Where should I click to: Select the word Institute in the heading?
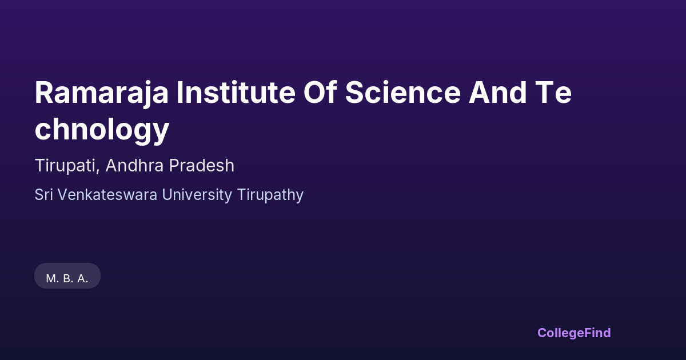tap(236, 92)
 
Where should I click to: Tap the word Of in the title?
tap(320, 92)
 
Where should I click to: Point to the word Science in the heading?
tap(403, 92)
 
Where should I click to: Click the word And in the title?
tap(498, 92)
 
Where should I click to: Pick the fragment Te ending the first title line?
tap(553, 93)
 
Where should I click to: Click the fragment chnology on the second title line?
tap(102, 130)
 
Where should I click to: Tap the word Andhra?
tap(134, 165)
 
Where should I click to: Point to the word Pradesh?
tap(201, 165)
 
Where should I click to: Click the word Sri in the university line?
tap(43, 195)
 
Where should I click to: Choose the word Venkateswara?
tap(107, 195)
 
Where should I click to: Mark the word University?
tap(197, 195)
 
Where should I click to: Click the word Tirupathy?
tap(270, 195)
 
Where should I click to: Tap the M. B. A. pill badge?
tap(67, 275)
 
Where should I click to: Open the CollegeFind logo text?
tap(574, 333)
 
